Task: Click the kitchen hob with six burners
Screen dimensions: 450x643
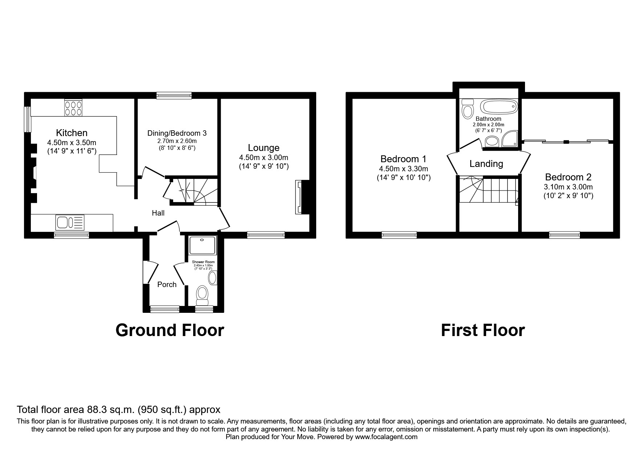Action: (73, 108)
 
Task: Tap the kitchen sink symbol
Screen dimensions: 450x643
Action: (70, 222)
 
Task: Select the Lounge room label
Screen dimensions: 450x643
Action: (264, 148)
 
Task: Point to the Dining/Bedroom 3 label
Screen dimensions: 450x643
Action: (177, 133)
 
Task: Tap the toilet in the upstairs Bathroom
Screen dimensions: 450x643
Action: (467, 110)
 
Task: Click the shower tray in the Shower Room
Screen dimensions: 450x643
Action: (203, 245)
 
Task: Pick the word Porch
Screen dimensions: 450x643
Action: (167, 285)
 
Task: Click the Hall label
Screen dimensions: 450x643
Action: (158, 213)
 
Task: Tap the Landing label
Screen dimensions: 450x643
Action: (486, 164)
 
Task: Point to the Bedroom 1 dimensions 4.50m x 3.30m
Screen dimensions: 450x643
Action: (403, 169)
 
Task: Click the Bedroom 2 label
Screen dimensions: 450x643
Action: (568, 177)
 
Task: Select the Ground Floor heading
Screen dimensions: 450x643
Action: (170, 330)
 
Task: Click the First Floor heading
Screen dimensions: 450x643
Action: (483, 330)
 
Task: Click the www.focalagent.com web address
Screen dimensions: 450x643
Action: (386, 437)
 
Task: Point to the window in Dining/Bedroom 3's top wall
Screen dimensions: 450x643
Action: (174, 95)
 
